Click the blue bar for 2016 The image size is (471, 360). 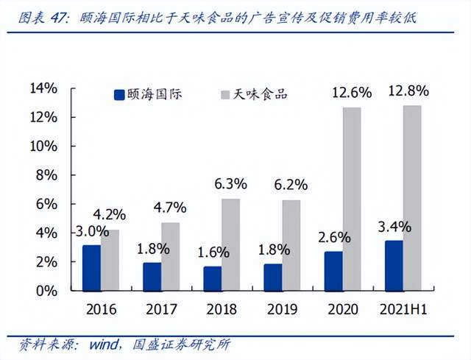[x=91, y=268]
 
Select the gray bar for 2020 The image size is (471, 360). [x=352, y=199]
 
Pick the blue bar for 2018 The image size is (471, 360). [x=212, y=278]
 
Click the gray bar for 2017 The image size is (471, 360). [x=171, y=256]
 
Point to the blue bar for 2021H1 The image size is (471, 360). [x=394, y=265]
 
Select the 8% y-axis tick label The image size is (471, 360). [x=47, y=175]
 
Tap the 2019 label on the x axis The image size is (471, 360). [x=281, y=309]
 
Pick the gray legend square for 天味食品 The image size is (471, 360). [x=225, y=94]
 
